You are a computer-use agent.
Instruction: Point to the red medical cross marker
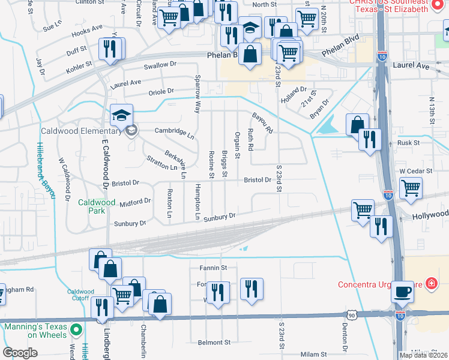coord(430,283)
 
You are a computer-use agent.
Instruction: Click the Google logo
coord(20,353)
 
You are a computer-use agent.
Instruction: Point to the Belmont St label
coord(214,343)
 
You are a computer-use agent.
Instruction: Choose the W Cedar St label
coord(416,171)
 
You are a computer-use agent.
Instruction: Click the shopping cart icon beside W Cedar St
coord(411,187)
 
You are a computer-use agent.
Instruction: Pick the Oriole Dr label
coord(161,92)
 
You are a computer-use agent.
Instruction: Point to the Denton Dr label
coord(345,338)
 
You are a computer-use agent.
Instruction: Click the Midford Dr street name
coord(134,203)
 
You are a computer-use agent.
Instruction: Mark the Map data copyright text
coord(423,355)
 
